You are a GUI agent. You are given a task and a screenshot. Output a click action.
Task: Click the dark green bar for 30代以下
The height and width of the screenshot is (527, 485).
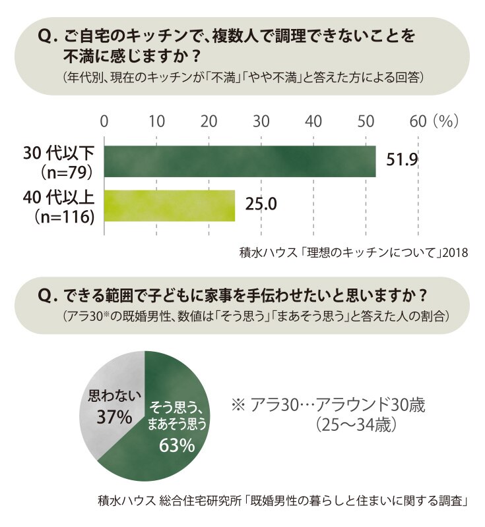pyautogui.click(x=240, y=161)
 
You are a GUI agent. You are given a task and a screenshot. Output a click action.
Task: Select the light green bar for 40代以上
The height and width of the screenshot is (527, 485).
pyautogui.click(x=170, y=206)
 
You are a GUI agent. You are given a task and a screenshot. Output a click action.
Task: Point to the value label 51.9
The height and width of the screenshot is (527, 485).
pyautogui.click(x=402, y=159)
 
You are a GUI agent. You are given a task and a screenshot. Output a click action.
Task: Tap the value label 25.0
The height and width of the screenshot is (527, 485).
pyautogui.click(x=261, y=204)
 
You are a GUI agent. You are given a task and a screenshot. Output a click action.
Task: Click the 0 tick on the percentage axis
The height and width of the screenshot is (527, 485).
pyautogui.click(x=104, y=121)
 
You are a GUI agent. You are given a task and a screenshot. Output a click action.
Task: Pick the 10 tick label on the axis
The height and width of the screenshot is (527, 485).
pyautogui.click(x=156, y=121)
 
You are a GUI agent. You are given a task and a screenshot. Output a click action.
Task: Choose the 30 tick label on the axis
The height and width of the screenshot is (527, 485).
pyautogui.click(x=261, y=121)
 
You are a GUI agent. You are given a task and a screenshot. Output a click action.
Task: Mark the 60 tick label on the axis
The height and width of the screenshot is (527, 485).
pyautogui.click(x=418, y=121)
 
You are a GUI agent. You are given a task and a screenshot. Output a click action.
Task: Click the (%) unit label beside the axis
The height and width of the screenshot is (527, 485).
pyautogui.click(x=446, y=121)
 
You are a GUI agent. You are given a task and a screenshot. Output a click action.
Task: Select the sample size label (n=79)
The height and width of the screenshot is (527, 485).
pyautogui.click(x=66, y=173)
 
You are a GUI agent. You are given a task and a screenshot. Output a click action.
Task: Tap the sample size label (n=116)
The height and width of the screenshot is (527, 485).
pyautogui.click(x=64, y=217)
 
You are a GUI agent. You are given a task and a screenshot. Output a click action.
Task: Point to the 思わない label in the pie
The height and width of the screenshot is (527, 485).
pyautogui.click(x=114, y=396)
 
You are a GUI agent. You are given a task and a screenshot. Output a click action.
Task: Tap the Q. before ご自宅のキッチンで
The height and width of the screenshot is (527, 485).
pyautogui.click(x=48, y=36)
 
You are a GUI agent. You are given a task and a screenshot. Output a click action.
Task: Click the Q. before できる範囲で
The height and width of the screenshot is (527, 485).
pyautogui.click(x=48, y=296)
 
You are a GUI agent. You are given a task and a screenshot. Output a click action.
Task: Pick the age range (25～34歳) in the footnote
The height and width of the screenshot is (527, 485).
pyautogui.click(x=356, y=425)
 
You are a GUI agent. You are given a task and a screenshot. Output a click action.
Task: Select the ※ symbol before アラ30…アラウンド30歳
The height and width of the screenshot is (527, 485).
pyautogui.click(x=238, y=405)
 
